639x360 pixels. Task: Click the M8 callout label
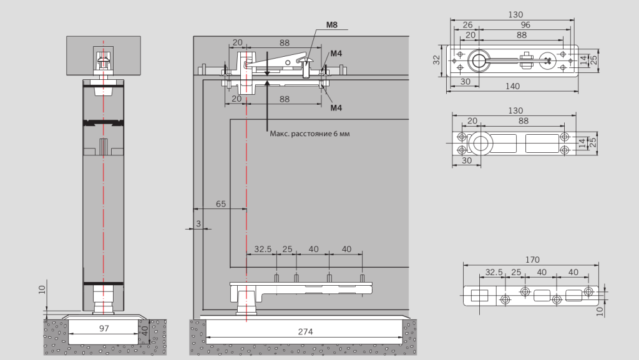pos(331,26)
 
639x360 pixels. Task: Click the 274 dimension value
pos(305,331)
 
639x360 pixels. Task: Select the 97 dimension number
pos(104,328)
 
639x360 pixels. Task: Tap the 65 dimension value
pos(221,204)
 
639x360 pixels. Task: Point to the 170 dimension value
pos(532,260)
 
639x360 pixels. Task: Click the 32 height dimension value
pos(437,61)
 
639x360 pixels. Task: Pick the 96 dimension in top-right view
pos(525,25)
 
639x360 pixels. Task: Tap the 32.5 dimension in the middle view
pos(263,249)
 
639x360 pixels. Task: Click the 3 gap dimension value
pos(198,223)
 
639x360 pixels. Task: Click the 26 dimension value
pos(467,25)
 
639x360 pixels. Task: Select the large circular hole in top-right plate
pos(479,61)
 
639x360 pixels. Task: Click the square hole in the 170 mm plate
pos(480,295)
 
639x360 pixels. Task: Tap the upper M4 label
pos(336,54)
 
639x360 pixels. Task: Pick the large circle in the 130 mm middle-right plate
pos(480,144)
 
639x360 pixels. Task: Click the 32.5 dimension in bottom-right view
pos(494,272)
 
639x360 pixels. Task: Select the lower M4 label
pos(336,108)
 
